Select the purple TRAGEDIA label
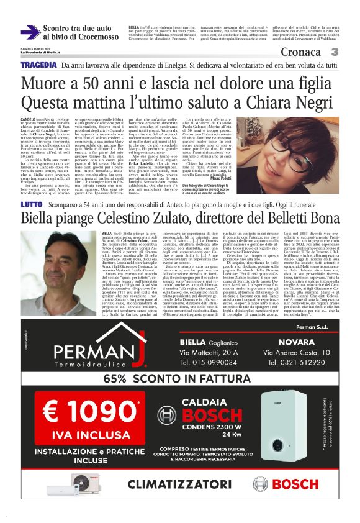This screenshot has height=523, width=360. coord(40,65)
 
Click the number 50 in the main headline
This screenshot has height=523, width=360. coord(107,84)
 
